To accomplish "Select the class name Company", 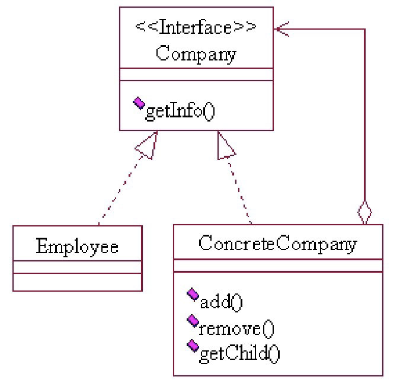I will pos(196,55).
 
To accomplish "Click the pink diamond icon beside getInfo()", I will pos(139,104).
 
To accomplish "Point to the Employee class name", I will pos(77,245).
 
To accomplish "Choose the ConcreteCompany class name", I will pos(278,243).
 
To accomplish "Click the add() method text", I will pos(221,302).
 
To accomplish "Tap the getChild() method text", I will pos(239,354).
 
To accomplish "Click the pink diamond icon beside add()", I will pos(192,295).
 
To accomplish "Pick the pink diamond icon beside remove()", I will pos(192,321).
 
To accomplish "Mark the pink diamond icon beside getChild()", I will pos(192,346).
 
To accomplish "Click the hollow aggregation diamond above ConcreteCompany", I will pos(364,212).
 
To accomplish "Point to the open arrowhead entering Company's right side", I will pos(281,28).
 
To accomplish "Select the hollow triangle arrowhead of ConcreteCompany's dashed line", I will pos(226,145).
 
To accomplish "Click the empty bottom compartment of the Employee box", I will pos(77,282).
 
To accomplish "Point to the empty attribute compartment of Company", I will pos(196,75).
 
